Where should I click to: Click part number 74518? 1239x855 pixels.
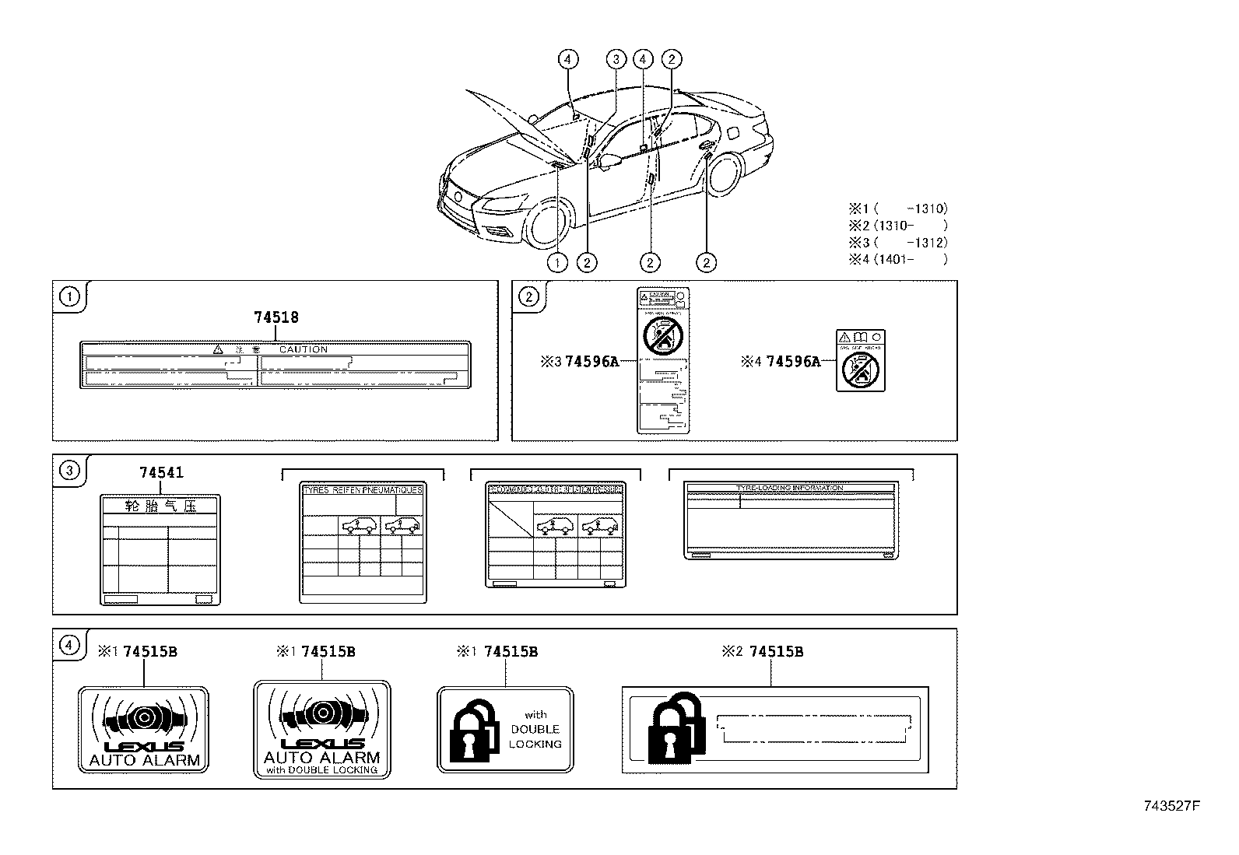click(x=276, y=317)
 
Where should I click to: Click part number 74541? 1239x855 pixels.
click(x=162, y=473)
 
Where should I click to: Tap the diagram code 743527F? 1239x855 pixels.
click(x=1171, y=806)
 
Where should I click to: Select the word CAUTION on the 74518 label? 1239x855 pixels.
click(x=304, y=349)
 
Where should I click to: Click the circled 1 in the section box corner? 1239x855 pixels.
click(x=70, y=296)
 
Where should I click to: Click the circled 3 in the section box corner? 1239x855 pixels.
click(x=70, y=470)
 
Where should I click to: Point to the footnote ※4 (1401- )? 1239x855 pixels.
click(x=898, y=259)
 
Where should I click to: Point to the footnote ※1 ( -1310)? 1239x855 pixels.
click(x=898, y=208)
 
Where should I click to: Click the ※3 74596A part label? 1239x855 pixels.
click(x=579, y=361)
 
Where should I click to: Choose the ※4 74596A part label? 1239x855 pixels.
click(x=782, y=361)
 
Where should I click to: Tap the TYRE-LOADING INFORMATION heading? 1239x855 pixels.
click(x=789, y=488)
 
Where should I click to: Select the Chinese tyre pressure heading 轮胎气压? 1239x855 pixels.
click(x=160, y=506)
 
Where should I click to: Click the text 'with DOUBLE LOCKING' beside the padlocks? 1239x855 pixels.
click(x=535, y=729)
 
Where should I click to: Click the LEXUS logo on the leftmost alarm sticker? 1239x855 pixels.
click(x=144, y=746)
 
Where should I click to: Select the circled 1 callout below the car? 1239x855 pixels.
click(x=557, y=263)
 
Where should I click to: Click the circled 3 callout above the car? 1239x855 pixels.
click(x=616, y=59)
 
